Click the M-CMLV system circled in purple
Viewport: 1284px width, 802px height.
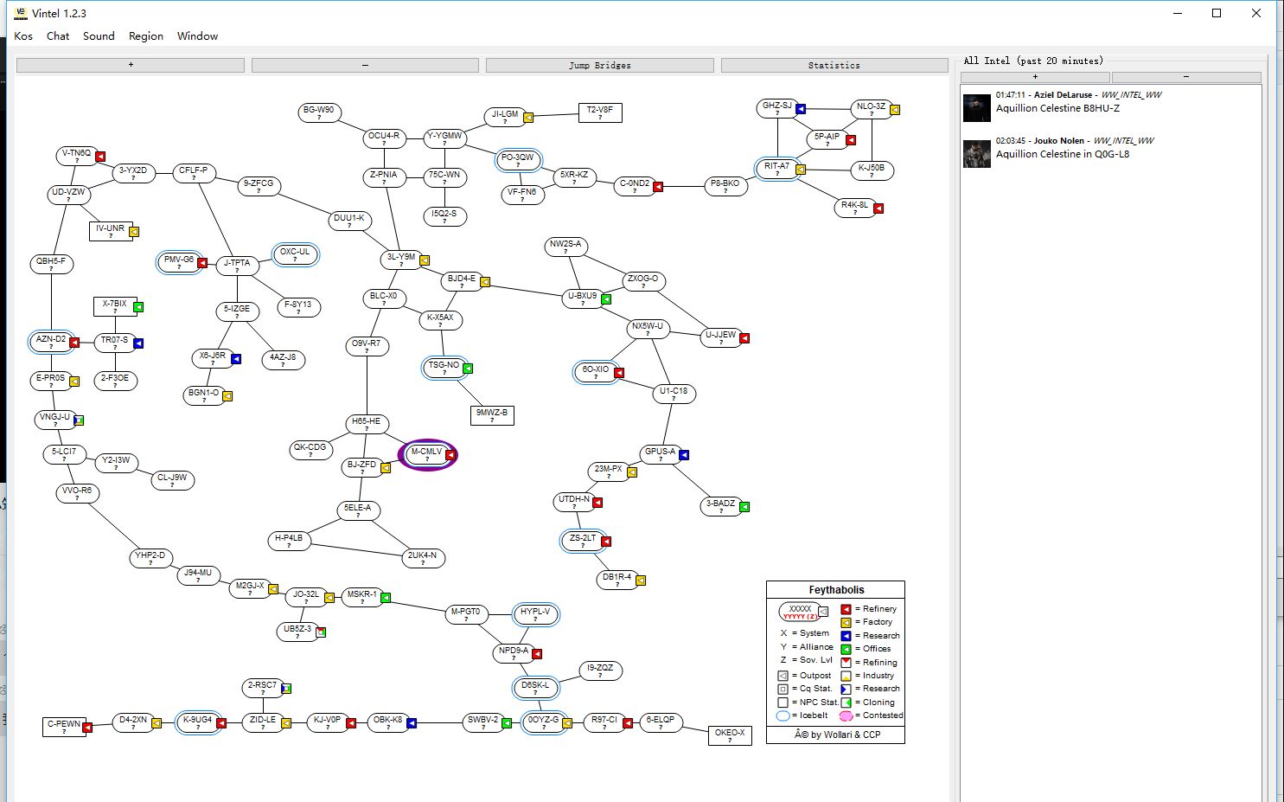tap(426, 454)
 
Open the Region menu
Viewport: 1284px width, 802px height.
tap(145, 36)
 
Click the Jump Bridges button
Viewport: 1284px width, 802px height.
tap(599, 65)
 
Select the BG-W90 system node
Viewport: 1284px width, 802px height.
tap(319, 112)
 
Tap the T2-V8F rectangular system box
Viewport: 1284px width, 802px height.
tap(599, 112)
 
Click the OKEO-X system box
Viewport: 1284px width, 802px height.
tap(729, 735)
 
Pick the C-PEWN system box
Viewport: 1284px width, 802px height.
tap(64, 727)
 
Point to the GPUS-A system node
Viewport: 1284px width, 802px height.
tap(660, 454)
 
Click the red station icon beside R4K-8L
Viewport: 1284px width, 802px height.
tap(878, 209)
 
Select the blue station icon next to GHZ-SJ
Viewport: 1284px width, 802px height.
tap(801, 109)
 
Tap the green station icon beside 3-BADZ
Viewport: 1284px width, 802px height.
tap(744, 507)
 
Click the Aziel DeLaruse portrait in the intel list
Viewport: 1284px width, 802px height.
tap(977, 108)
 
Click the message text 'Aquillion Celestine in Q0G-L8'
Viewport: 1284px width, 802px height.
tap(1062, 154)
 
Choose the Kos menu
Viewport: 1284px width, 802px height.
tap(23, 36)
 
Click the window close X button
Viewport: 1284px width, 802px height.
tap(1256, 13)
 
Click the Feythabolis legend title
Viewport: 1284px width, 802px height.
tap(835, 590)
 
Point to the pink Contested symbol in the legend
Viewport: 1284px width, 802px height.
tap(846, 715)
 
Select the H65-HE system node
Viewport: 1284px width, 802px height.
tap(366, 424)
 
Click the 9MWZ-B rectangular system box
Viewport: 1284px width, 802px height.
tap(492, 415)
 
